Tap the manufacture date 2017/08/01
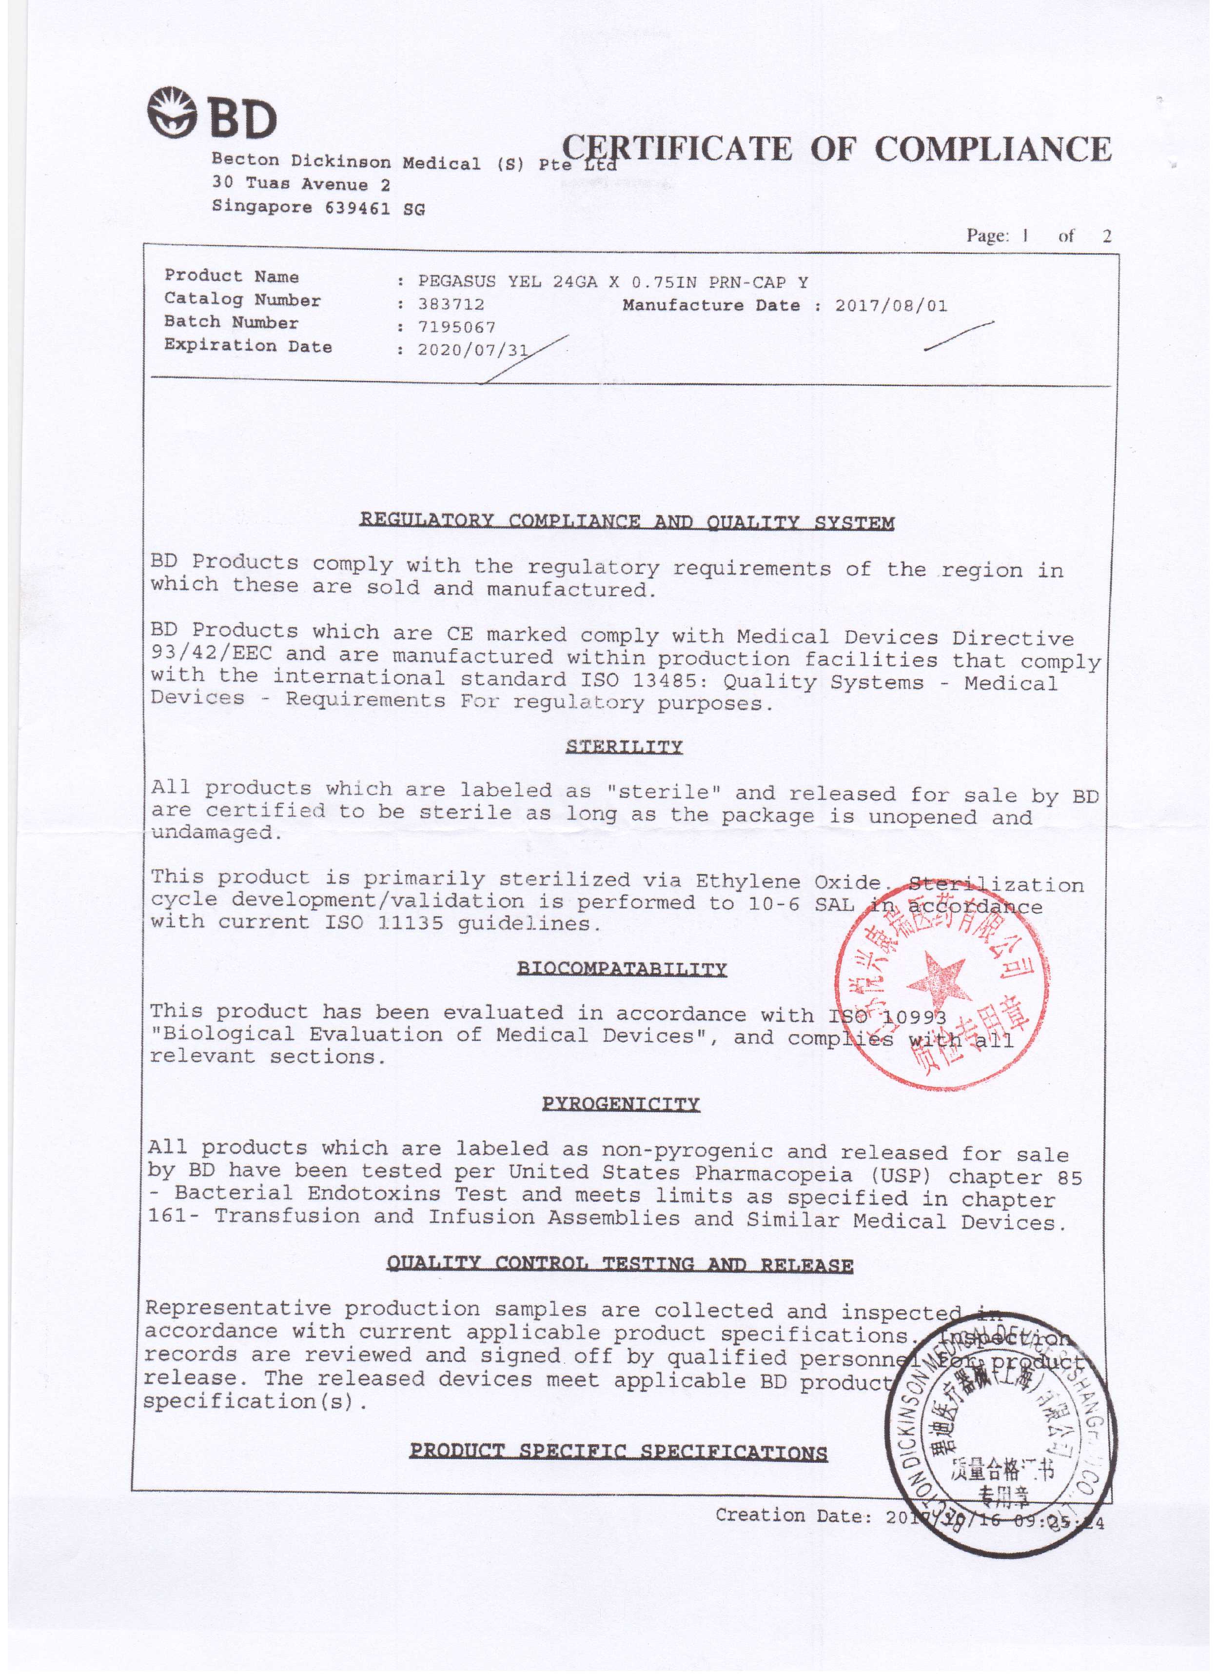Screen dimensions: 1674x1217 click(x=891, y=305)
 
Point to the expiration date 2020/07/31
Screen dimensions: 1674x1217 click(x=472, y=349)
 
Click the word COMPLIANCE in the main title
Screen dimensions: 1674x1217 click(x=993, y=149)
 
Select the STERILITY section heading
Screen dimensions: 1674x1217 click(x=624, y=746)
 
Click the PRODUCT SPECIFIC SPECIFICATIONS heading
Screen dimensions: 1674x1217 click(x=618, y=1453)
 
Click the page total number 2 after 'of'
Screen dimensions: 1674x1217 click(x=1105, y=236)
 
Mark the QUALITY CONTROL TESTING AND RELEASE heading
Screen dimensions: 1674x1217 click(x=620, y=1264)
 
